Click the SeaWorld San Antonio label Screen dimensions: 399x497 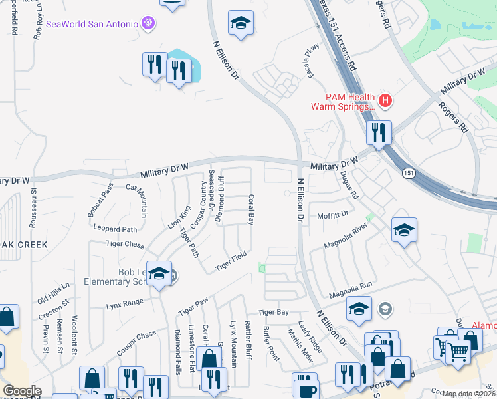tap(92, 24)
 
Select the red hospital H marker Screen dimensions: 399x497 tap(385, 101)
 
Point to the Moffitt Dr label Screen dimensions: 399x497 tap(333, 215)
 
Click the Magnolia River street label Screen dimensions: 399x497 tap(346, 237)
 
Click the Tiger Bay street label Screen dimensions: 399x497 tap(273, 312)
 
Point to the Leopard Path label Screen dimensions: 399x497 tap(115, 229)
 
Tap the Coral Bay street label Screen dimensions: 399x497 tap(250, 209)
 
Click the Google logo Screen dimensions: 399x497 tap(22, 391)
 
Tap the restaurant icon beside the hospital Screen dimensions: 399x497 tap(379, 132)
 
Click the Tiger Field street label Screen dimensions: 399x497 tap(231, 261)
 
